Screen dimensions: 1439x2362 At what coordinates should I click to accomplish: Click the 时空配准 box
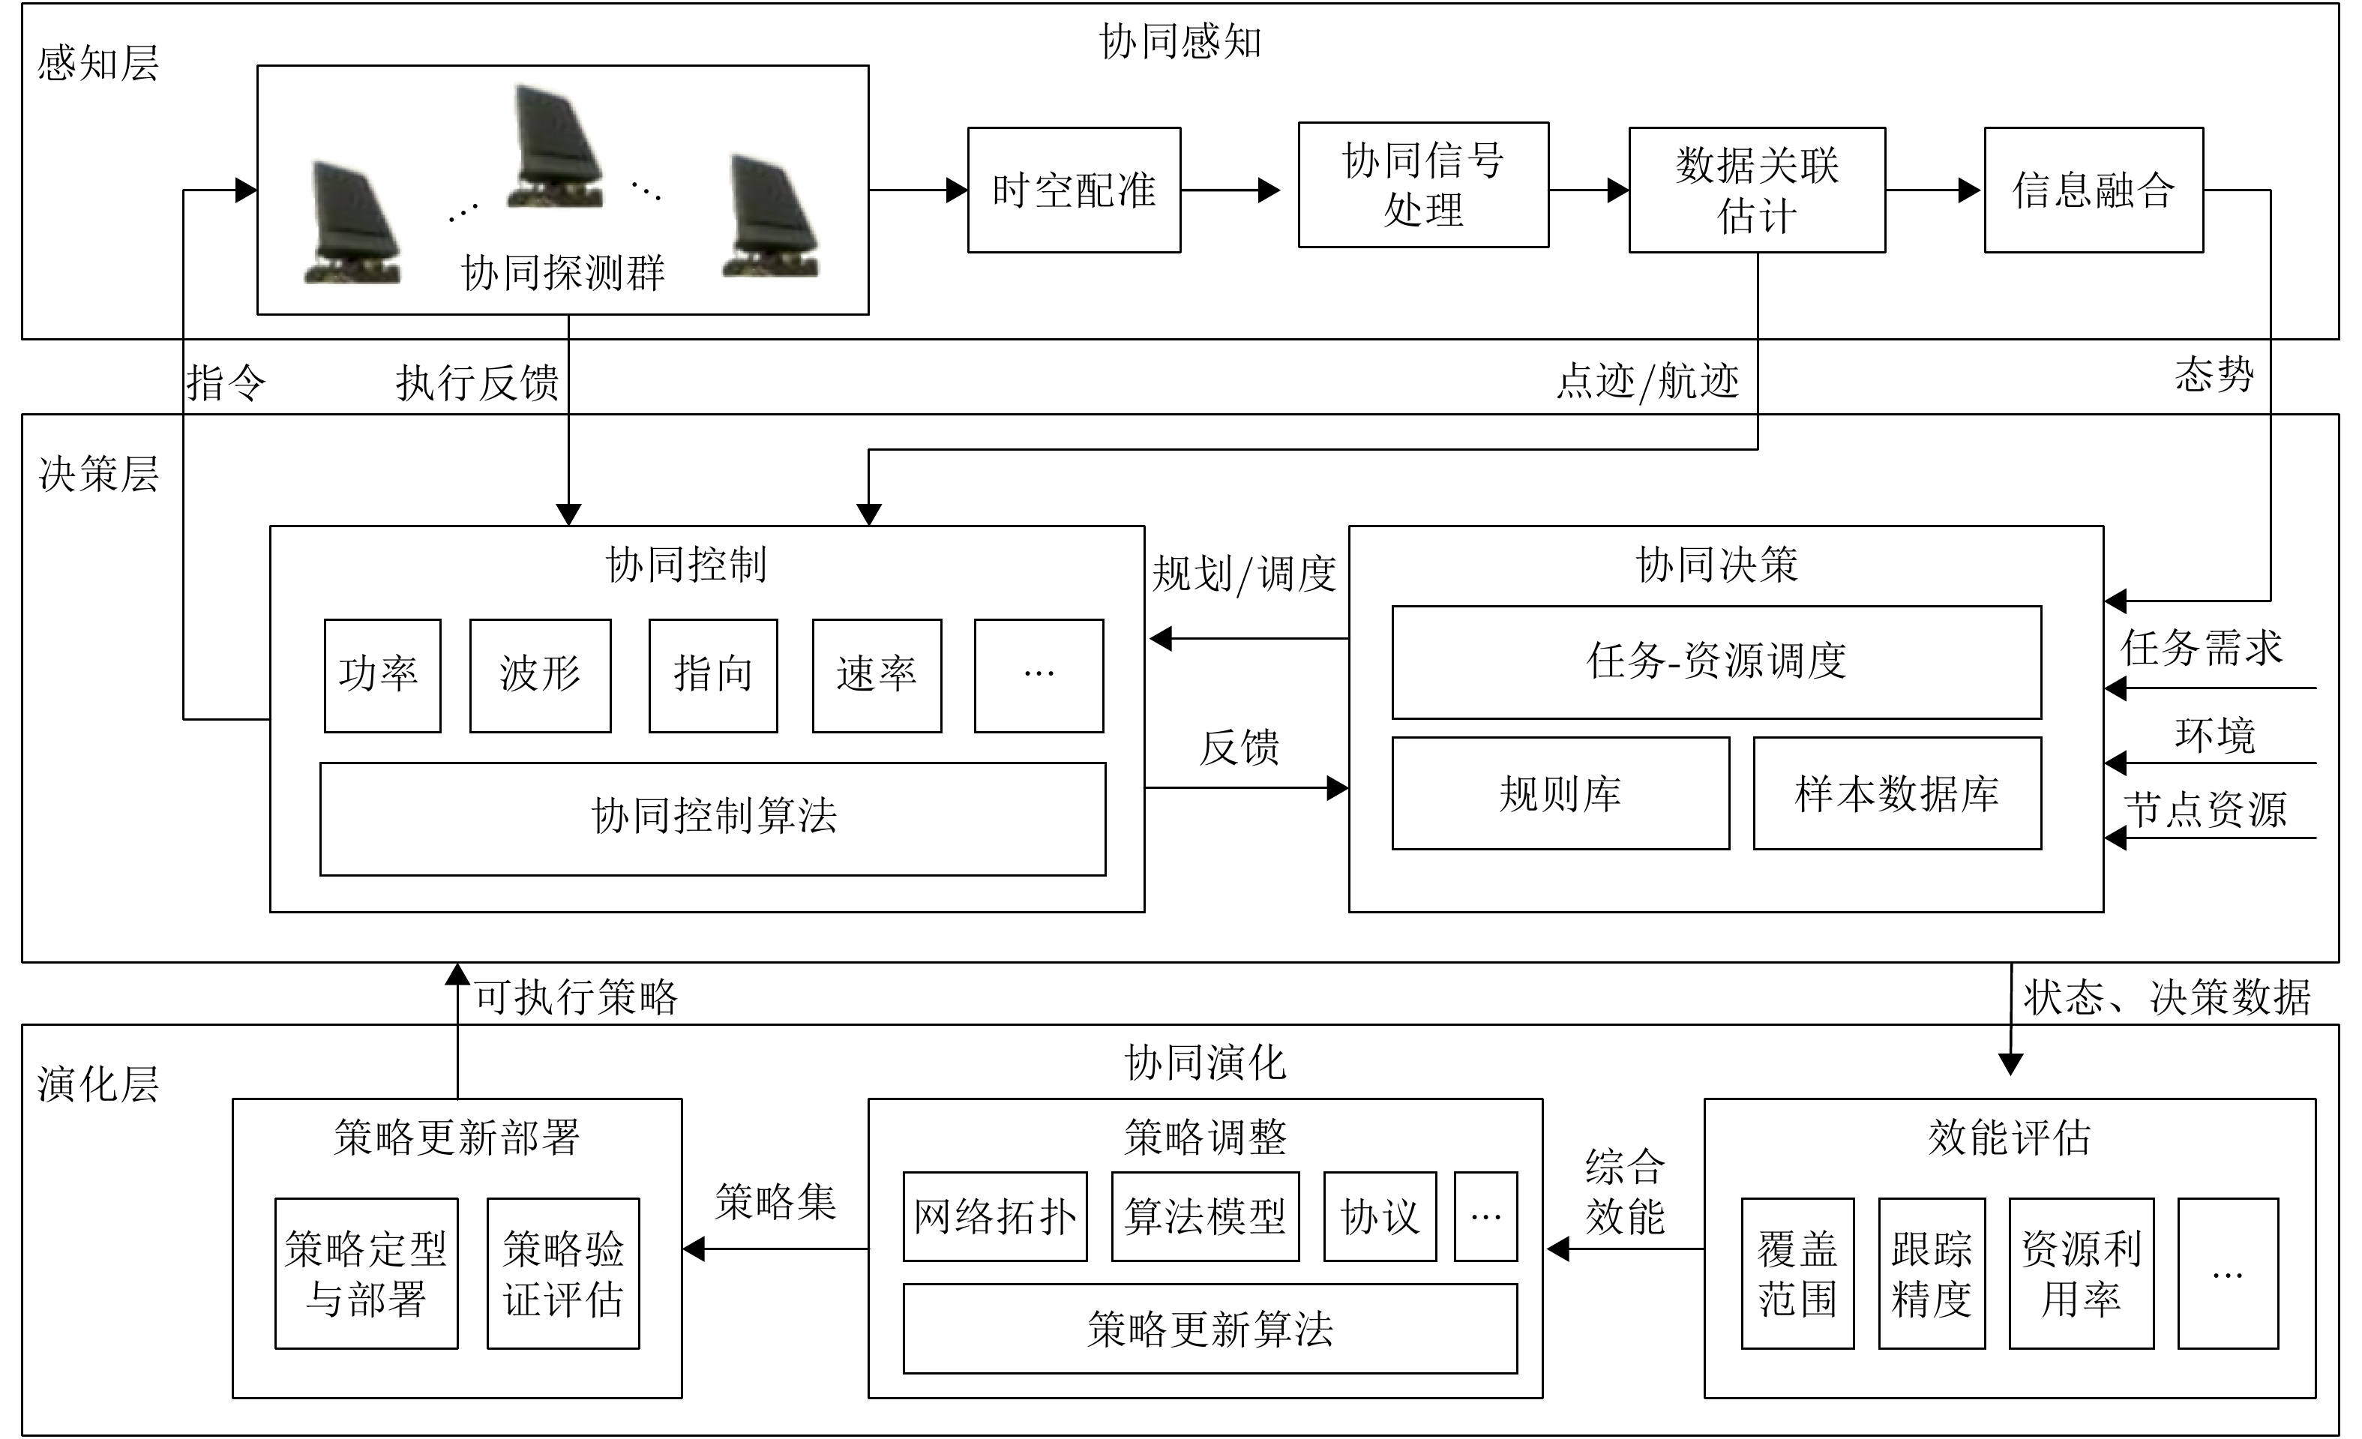click(1074, 190)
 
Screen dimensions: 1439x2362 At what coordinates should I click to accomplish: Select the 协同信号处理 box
click(1422, 185)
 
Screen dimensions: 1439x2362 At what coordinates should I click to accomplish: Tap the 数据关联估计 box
click(1756, 190)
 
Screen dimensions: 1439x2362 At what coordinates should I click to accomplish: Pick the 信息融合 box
click(2093, 190)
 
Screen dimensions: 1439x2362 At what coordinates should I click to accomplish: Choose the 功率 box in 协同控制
click(382, 675)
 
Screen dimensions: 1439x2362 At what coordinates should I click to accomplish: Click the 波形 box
click(540, 675)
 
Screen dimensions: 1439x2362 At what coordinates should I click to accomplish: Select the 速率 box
click(876, 675)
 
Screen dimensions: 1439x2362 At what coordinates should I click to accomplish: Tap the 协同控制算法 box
click(712, 818)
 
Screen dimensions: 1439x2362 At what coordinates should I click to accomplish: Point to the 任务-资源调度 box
click(1716, 661)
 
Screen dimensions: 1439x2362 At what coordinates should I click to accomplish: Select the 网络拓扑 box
click(994, 1216)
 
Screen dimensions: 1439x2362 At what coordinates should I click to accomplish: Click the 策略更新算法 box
click(1209, 1328)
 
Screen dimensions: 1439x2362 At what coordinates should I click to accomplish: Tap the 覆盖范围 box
click(1797, 1273)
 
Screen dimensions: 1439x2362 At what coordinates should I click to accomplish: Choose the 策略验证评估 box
click(562, 1273)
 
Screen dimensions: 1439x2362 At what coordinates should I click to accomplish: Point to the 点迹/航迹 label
click(1647, 382)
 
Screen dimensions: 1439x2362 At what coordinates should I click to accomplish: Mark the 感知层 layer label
click(97, 63)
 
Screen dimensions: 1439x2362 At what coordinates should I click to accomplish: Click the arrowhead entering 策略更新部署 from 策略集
click(693, 1249)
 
